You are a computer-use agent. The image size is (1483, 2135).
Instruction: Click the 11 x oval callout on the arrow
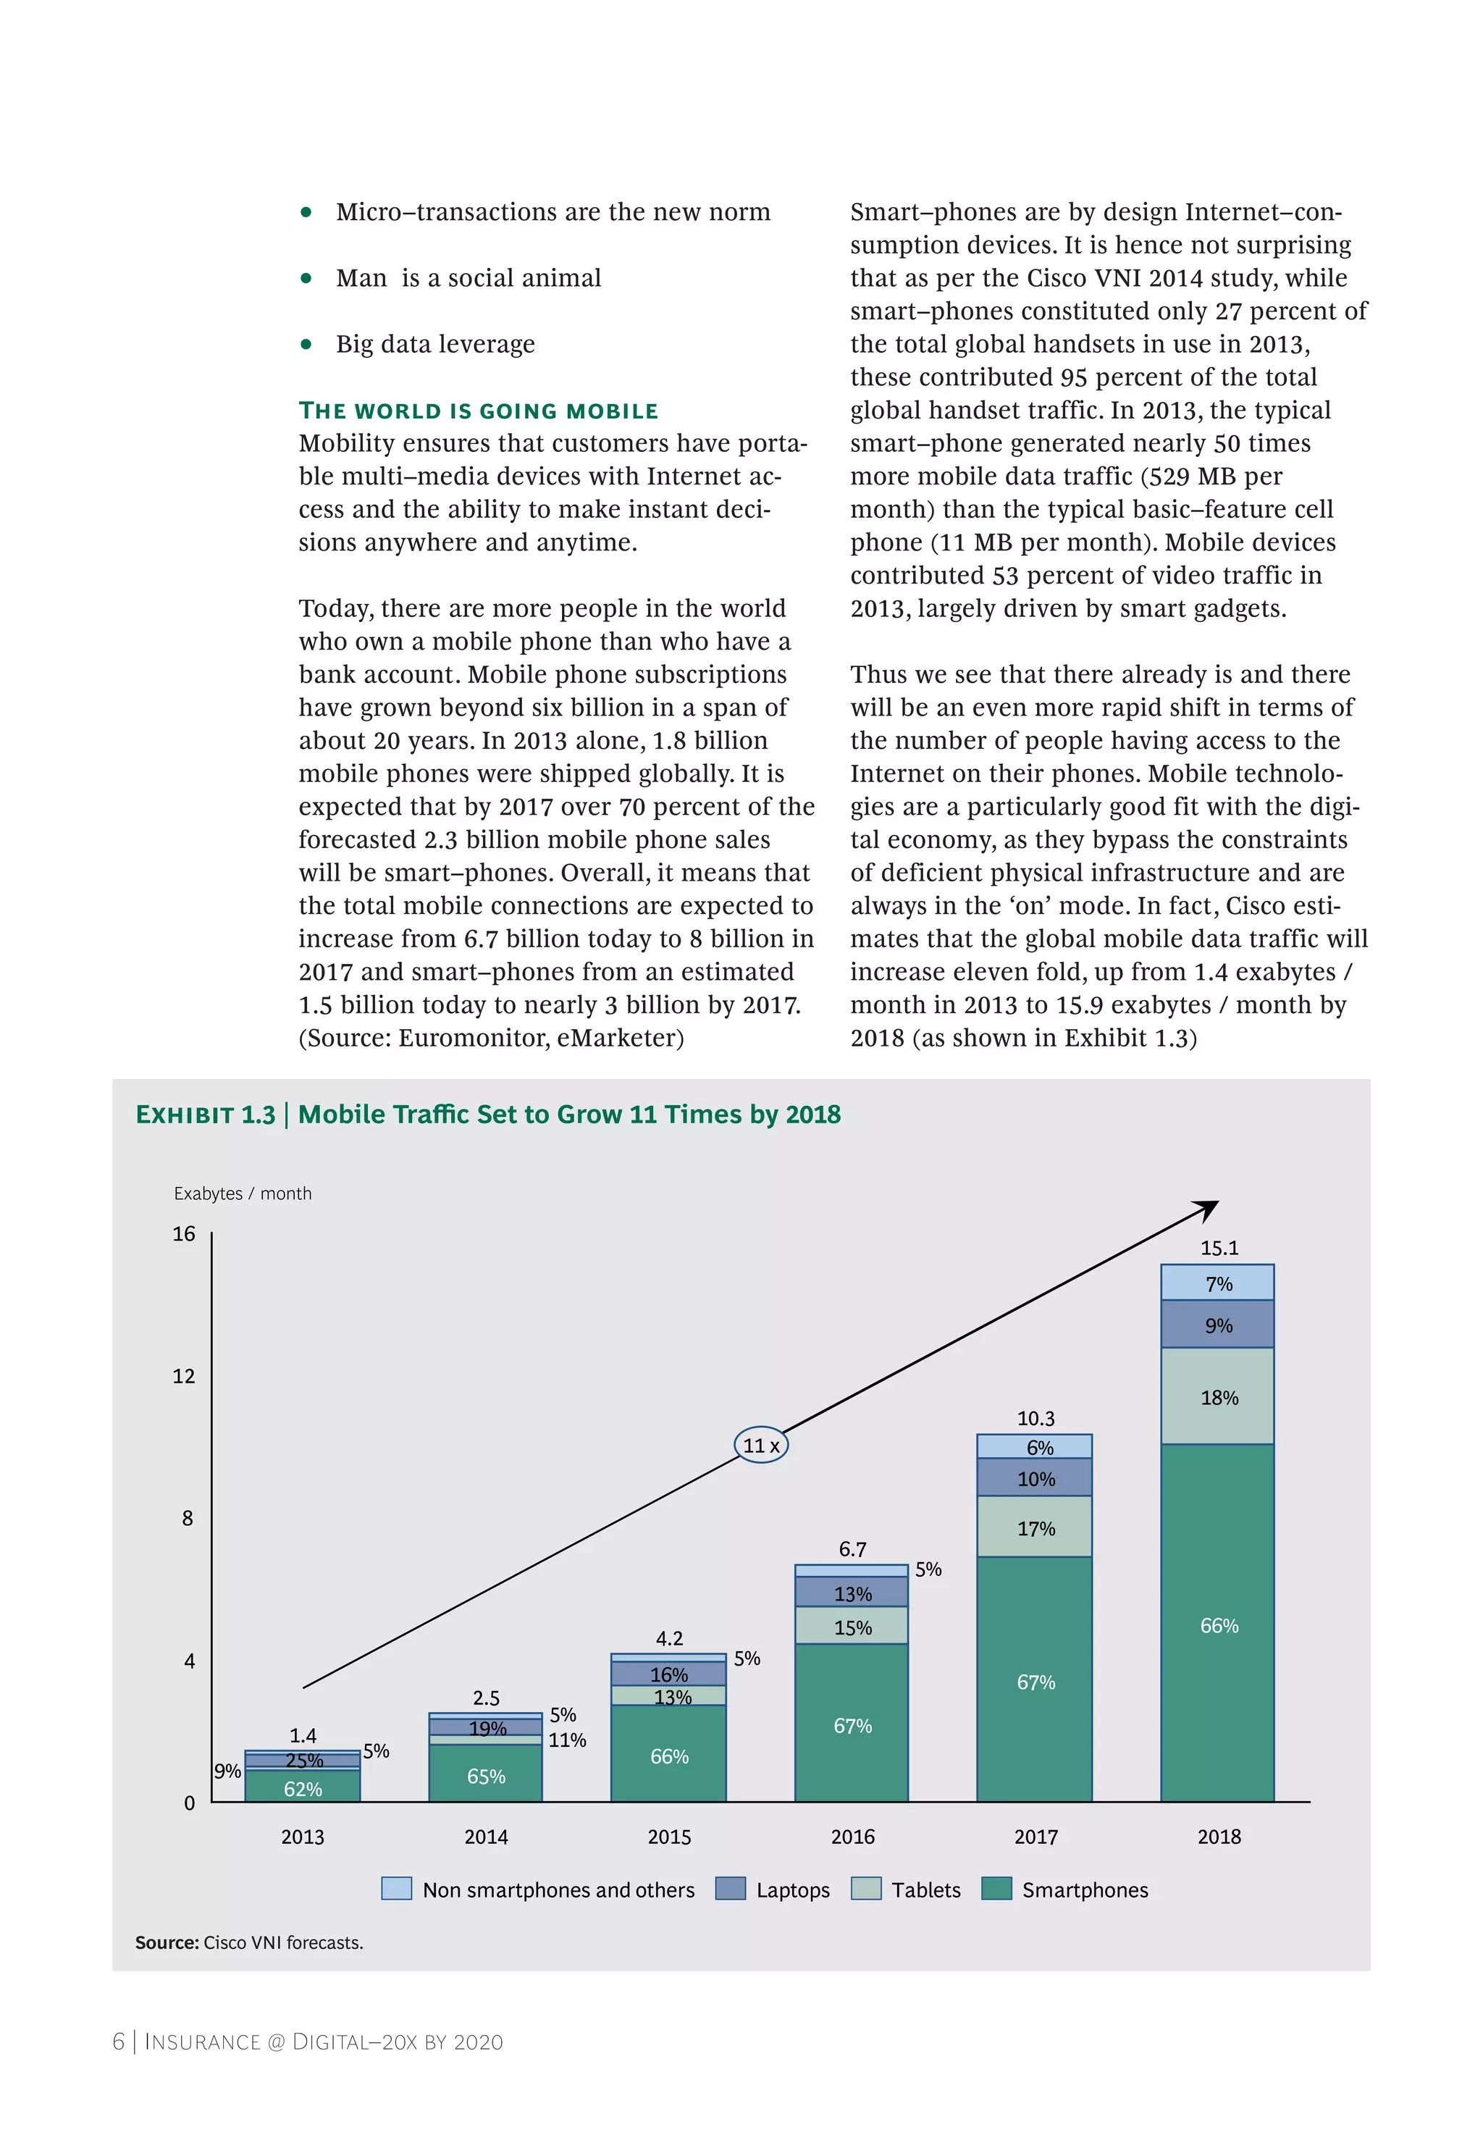761,1445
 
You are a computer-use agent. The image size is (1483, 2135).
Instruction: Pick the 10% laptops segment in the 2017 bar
1034,1477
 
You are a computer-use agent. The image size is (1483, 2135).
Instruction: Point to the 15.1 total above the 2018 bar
1218,1248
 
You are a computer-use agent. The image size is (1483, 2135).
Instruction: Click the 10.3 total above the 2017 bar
1035,1418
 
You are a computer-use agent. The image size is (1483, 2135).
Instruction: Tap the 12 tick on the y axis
184,1376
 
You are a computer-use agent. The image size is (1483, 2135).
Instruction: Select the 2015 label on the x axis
669,1837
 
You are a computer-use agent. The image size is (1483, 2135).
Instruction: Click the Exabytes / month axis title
243,1194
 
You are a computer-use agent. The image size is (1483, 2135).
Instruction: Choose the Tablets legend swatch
866,1889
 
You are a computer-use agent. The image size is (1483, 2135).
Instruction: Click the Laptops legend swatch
731,1889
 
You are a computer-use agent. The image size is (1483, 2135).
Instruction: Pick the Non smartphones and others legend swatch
397,1889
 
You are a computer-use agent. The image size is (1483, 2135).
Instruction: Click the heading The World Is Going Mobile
478,411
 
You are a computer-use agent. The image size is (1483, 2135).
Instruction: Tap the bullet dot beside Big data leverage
306,345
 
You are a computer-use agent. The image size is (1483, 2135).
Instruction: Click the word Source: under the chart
167,1942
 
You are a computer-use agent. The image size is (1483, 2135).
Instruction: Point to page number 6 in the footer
118,2041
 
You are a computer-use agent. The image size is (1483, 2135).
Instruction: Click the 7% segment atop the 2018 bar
1217,1283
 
